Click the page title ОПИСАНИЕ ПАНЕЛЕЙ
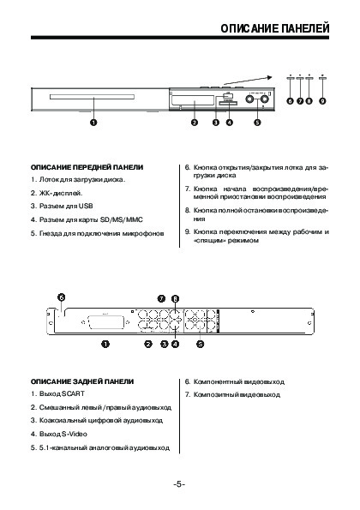coord(275,28)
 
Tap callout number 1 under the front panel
coord(93,123)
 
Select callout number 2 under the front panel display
coord(195,123)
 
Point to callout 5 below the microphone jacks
coord(257,123)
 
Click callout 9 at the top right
coord(322,101)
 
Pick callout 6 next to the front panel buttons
coord(290,101)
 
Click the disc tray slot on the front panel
coord(92,97)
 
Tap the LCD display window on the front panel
coord(193,101)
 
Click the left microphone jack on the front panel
coord(249,99)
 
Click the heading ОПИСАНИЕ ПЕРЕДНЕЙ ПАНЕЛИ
coord(87,167)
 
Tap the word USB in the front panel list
coord(86,206)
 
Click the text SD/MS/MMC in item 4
coord(122,219)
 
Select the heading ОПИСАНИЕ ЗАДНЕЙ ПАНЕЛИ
coord(82,381)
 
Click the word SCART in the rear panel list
coord(73,394)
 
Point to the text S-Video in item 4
coord(75,435)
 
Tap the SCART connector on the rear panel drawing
coord(104,322)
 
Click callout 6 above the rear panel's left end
coord(61,297)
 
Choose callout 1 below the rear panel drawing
coord(105,344)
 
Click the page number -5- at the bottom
coord(179,484)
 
